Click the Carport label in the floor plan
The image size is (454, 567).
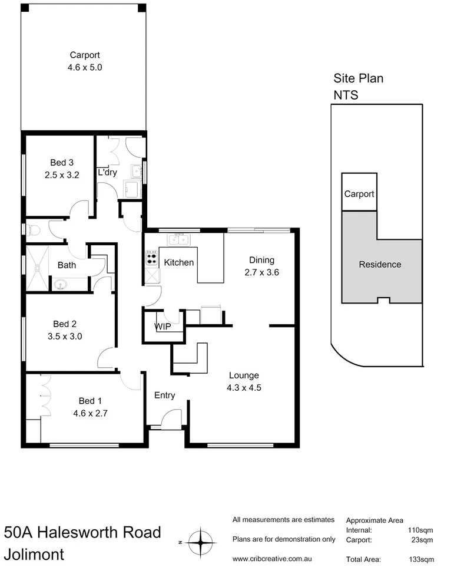coord(85,57)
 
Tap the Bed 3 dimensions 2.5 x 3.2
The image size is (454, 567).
coord(61,174)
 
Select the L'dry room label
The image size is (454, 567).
coord(107,173)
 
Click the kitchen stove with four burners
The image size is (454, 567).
coord(151,257)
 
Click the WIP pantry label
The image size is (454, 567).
coord(163,326)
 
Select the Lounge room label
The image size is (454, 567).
coord(244,375)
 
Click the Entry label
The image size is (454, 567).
coord(164,395)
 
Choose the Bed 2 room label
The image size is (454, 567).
coord(65,324)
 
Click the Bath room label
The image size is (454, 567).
coord(67,265)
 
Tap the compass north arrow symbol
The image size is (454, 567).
coord(201,540)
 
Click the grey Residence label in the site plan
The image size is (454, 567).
coord(380,265)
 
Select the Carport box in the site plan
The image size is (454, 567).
coord(359,193)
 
